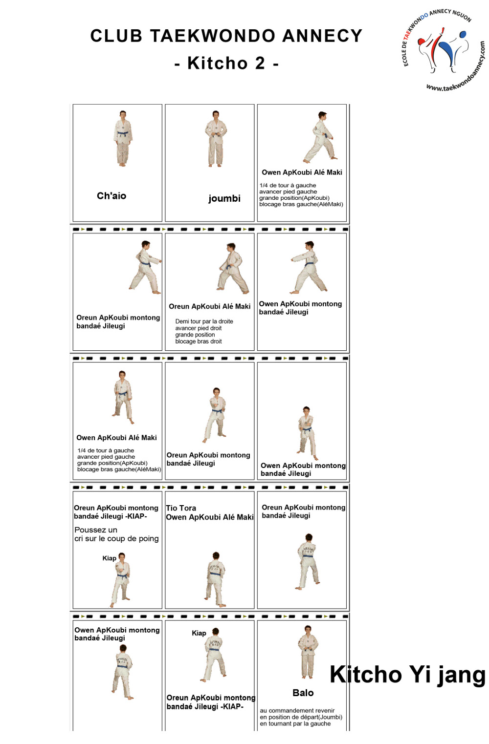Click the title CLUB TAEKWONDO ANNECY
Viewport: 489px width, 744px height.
[x=226, y=36]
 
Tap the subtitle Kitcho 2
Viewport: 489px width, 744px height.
[x=226, y=63]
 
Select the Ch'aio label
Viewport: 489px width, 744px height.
[x=111, y=196]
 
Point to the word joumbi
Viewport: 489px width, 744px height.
[x=224, y=198]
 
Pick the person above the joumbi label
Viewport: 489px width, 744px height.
[x=216, y=139]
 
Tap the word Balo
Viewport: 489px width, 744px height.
[x=303, y=693]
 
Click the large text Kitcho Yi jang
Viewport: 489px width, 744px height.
[x=407, y=675]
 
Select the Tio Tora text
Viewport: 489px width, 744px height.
[x=181, y=508]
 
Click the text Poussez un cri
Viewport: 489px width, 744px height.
[x=116, y=534]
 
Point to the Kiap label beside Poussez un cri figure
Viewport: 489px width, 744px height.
[x=109, y=558]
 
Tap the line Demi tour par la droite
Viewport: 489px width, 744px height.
[x=204, y=321]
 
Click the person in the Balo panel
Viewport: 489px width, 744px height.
[x=308, y=652]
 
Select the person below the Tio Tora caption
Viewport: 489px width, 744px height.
[x=215, y=579]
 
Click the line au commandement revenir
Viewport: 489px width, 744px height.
[x=297, y=711]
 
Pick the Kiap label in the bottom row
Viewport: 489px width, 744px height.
[x=199, y=633]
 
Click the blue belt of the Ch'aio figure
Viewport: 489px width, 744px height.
[x=122, y=133]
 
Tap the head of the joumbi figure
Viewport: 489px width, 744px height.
[x=216, y=114]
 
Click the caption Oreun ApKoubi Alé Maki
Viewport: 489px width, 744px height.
[x=209, y=306]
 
